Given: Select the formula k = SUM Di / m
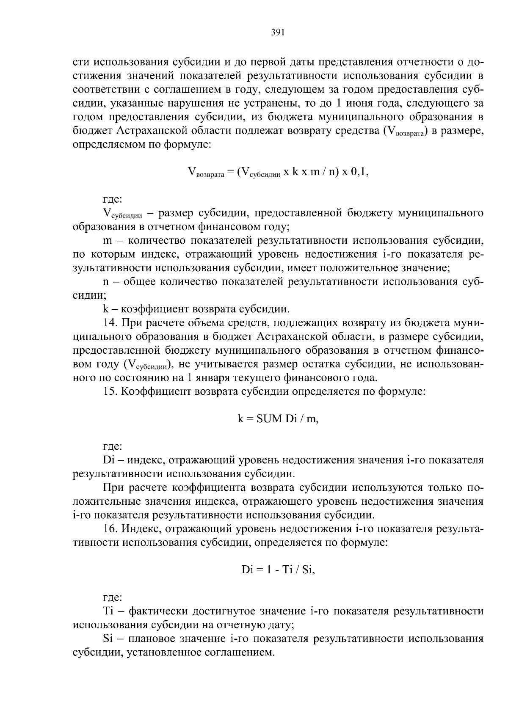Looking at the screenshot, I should tap(277, 419).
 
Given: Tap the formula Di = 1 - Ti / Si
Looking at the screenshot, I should tap(278, 570).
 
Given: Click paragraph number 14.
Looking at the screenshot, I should tap(110, 323).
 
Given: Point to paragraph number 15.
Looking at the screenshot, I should tap(110, 391).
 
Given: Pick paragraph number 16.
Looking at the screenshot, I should tap(110, 529).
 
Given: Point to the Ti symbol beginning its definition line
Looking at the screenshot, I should tap(108, 611).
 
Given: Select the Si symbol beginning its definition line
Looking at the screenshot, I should tap(108, 638).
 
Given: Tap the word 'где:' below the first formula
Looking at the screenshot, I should tap(113, 199).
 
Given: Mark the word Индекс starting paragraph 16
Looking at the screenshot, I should tap(139, 529).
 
